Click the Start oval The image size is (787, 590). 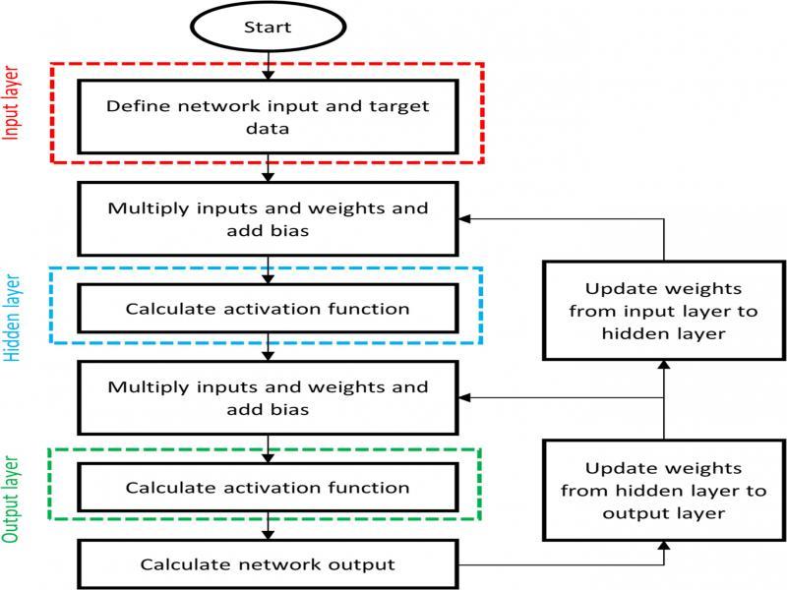pos(268,27)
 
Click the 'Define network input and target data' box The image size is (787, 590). pos(268,117)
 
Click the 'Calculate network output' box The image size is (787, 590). pos(268,564)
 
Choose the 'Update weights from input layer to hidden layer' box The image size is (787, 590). pos(663,311)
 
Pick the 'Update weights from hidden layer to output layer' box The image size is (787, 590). pos(663,490)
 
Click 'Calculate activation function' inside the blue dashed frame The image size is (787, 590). pos(268,308)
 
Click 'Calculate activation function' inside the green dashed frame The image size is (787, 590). pos(268,487)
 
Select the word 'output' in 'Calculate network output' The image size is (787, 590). pos(361,564)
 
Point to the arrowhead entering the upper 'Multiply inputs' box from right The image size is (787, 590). pos(465,218)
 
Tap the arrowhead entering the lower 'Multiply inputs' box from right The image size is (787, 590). pos(465,397)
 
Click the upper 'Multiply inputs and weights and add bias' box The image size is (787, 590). pos(268,218)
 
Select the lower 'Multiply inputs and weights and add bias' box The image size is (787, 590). pos(268,397)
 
